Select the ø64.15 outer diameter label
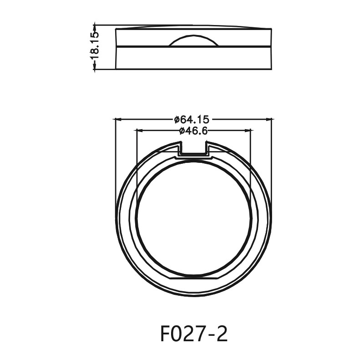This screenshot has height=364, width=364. click(192, 120)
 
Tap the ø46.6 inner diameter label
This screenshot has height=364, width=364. click(193, 131)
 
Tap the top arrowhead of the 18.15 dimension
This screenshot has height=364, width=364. click(95, 26)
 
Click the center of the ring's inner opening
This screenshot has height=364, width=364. click(194, 218)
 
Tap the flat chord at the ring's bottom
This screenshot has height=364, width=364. click(194, 277)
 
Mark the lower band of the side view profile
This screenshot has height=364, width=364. click(194, 58)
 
